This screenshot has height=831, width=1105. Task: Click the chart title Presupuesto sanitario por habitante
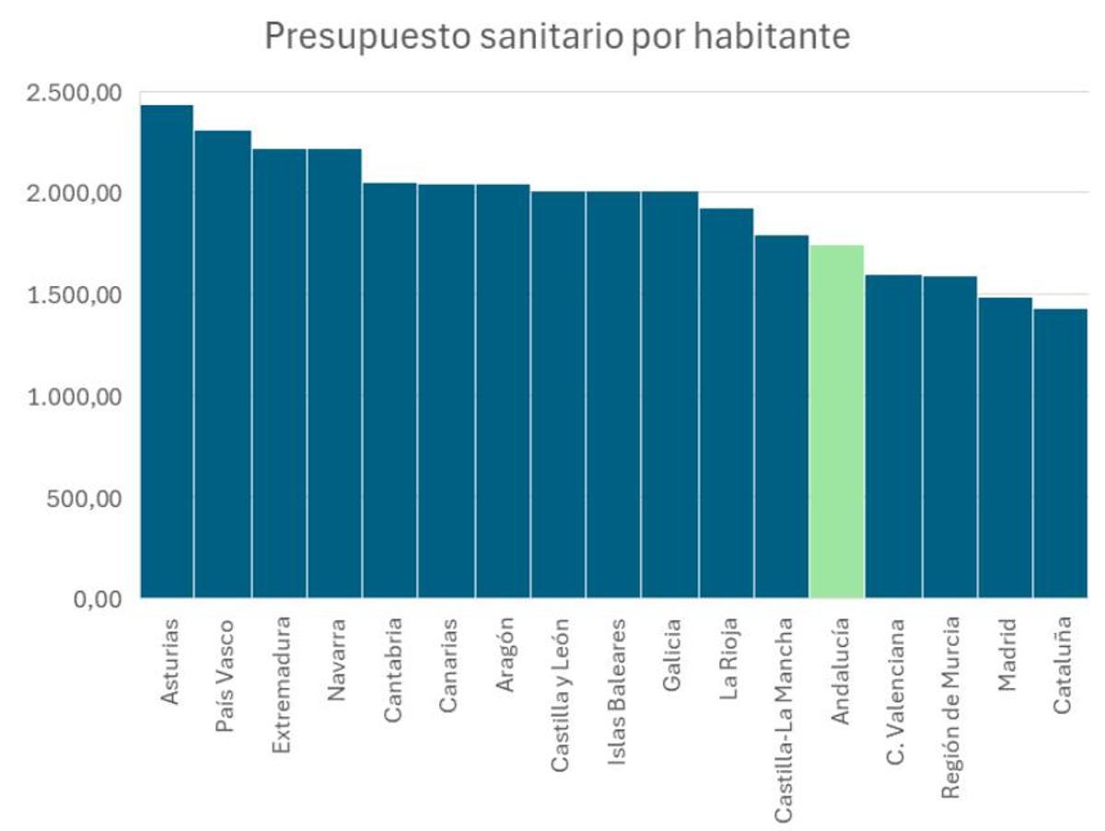point(556,37)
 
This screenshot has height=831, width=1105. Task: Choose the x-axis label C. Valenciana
point(894,683)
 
